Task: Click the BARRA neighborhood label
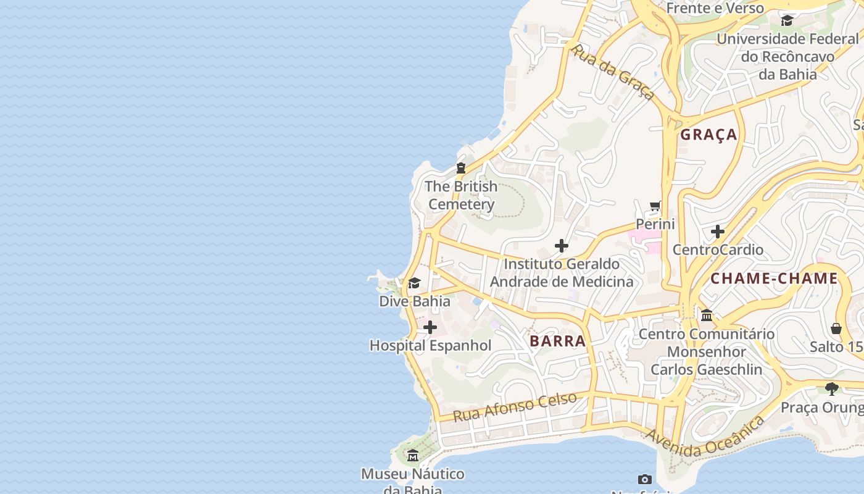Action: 557,341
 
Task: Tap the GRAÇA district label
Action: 708,135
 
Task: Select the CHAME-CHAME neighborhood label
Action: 774,278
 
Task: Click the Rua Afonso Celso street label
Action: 515,406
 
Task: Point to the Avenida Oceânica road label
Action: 705,437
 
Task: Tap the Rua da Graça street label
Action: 613,72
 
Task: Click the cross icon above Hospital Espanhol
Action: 430,327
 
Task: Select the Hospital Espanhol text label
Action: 430,346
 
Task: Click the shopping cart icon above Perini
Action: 655,206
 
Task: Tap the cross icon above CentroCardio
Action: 717,232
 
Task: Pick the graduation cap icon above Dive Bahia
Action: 414,283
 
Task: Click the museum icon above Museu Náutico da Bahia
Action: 413,456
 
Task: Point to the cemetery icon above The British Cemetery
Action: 460,168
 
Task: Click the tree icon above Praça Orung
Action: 831,389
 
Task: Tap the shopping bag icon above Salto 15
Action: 836,328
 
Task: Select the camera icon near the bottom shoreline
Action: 644,479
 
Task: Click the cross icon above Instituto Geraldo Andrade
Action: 561,246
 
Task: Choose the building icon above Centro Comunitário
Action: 707,316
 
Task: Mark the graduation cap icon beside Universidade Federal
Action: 787,21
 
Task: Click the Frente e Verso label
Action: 715,8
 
